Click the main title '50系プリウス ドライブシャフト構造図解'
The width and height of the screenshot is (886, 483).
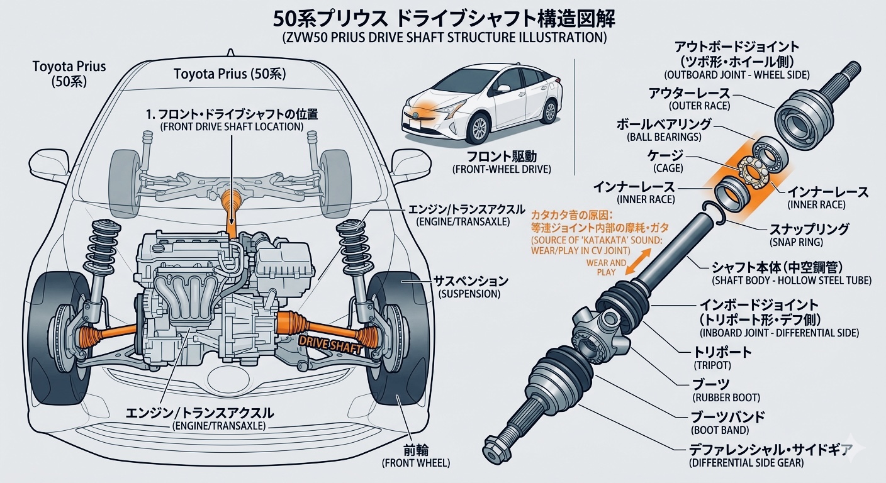[444, 18]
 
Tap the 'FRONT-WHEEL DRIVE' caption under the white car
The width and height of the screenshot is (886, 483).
[502, 169]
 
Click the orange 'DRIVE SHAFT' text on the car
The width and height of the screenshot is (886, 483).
[332, 342]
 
